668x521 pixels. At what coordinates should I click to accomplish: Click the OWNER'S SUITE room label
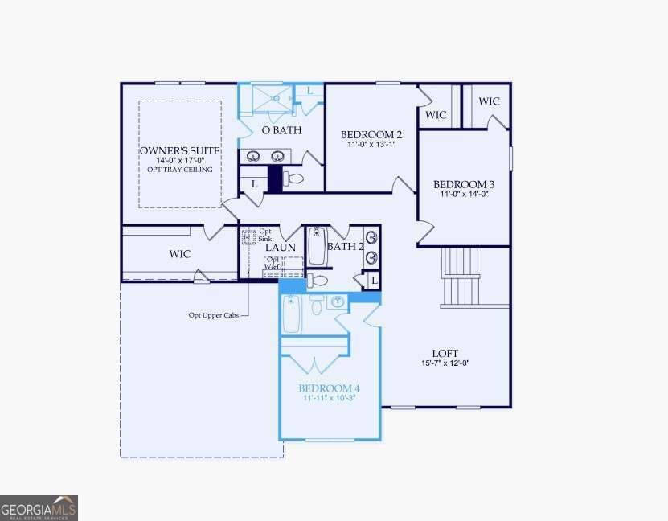[180, 150]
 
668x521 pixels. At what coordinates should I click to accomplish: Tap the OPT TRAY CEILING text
[180, 170]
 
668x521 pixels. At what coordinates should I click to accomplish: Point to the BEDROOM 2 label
[371, 134]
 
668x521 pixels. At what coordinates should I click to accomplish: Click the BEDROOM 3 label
[464, 183]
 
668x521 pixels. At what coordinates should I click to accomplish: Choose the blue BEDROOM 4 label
[330, 388]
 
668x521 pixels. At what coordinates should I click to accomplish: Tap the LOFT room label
[445, 353]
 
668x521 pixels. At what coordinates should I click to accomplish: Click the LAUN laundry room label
[281, 248]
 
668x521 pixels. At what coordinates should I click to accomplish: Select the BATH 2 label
[345, 246]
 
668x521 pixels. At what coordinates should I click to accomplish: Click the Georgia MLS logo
[39, 508]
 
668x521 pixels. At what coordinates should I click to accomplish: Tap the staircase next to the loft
[462, 277]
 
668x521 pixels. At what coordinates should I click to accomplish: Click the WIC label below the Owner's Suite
[179, 254]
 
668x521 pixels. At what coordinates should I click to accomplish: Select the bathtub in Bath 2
[316, 246]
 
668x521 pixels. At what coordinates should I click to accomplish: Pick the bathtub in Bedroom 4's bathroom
[292, 314]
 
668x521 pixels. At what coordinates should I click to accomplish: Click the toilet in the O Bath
[294, 178]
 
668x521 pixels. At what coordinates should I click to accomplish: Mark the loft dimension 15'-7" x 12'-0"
[445, 363]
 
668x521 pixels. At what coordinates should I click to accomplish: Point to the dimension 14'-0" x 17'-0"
[180, 161]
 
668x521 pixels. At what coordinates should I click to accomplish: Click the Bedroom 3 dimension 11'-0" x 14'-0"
[464, 194]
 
